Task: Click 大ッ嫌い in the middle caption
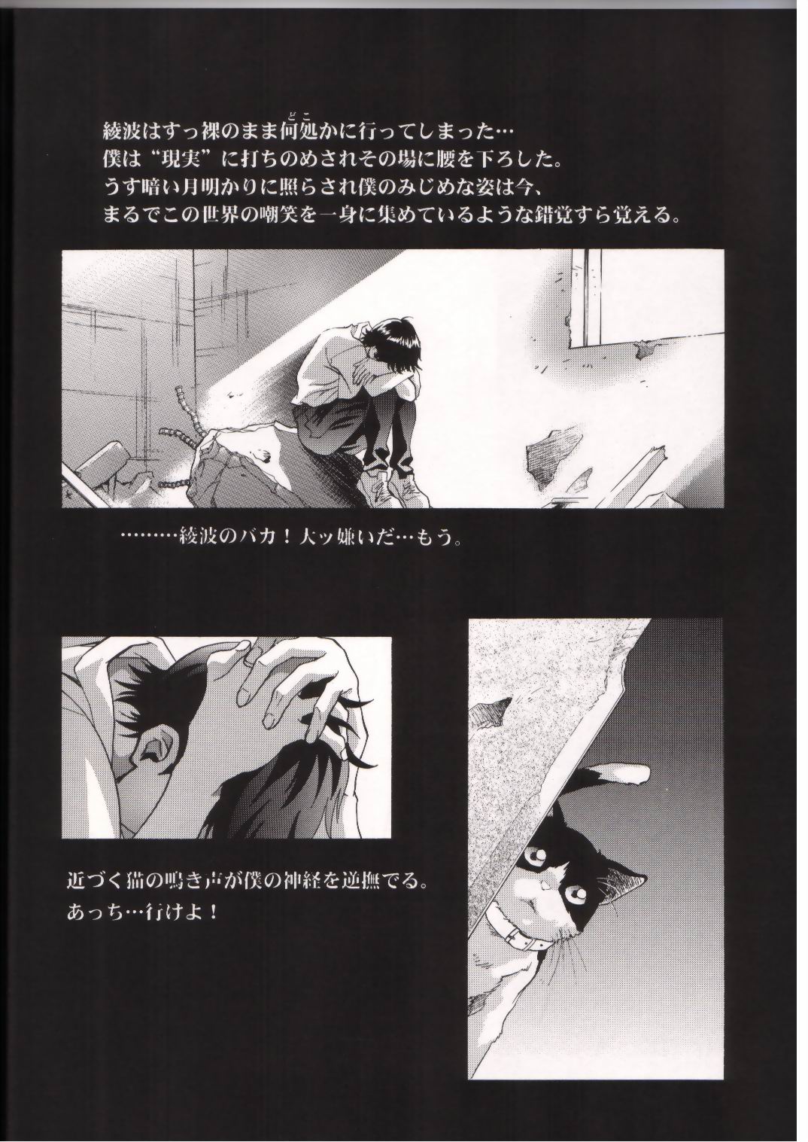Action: click(349, 540)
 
